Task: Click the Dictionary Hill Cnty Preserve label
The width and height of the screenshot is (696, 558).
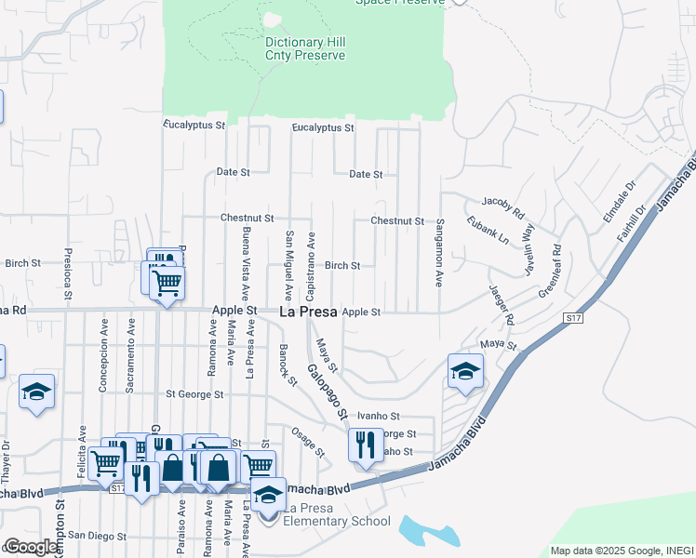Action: [304, 49]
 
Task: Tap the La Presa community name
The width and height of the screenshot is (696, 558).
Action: [308, 313]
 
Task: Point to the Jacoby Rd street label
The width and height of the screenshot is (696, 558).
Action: [502, 201]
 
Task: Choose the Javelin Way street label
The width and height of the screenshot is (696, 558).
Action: [528, 245]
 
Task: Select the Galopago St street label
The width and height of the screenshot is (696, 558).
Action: [327, 392]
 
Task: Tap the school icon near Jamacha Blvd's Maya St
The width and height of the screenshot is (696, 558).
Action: [464, 371]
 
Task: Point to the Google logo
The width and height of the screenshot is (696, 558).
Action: [31, 547]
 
